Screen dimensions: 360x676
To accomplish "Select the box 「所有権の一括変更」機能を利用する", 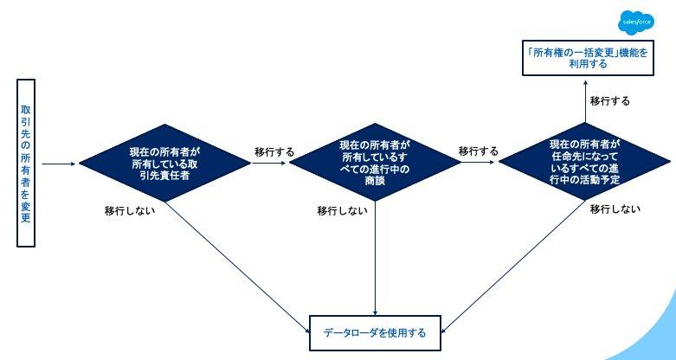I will (582, 57).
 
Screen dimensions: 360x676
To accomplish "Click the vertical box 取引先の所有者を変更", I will (26, 164).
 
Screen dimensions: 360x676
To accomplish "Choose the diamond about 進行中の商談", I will (375, 163).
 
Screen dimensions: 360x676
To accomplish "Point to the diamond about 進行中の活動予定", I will (584, 163).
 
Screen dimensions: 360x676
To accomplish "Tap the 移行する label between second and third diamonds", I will (478, 151).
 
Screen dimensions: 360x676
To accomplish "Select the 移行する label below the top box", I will (610, 101).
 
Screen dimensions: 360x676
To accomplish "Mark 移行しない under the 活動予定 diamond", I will (615, 209).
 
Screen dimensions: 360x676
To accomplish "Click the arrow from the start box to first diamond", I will (60, 163).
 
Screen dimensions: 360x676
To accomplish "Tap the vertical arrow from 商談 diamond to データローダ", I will (375, 260).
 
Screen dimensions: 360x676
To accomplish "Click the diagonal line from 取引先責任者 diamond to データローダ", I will (242, 269).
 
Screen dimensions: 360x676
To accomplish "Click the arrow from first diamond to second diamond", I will (268, 163).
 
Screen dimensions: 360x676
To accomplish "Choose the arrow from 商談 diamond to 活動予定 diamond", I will (478, 163).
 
